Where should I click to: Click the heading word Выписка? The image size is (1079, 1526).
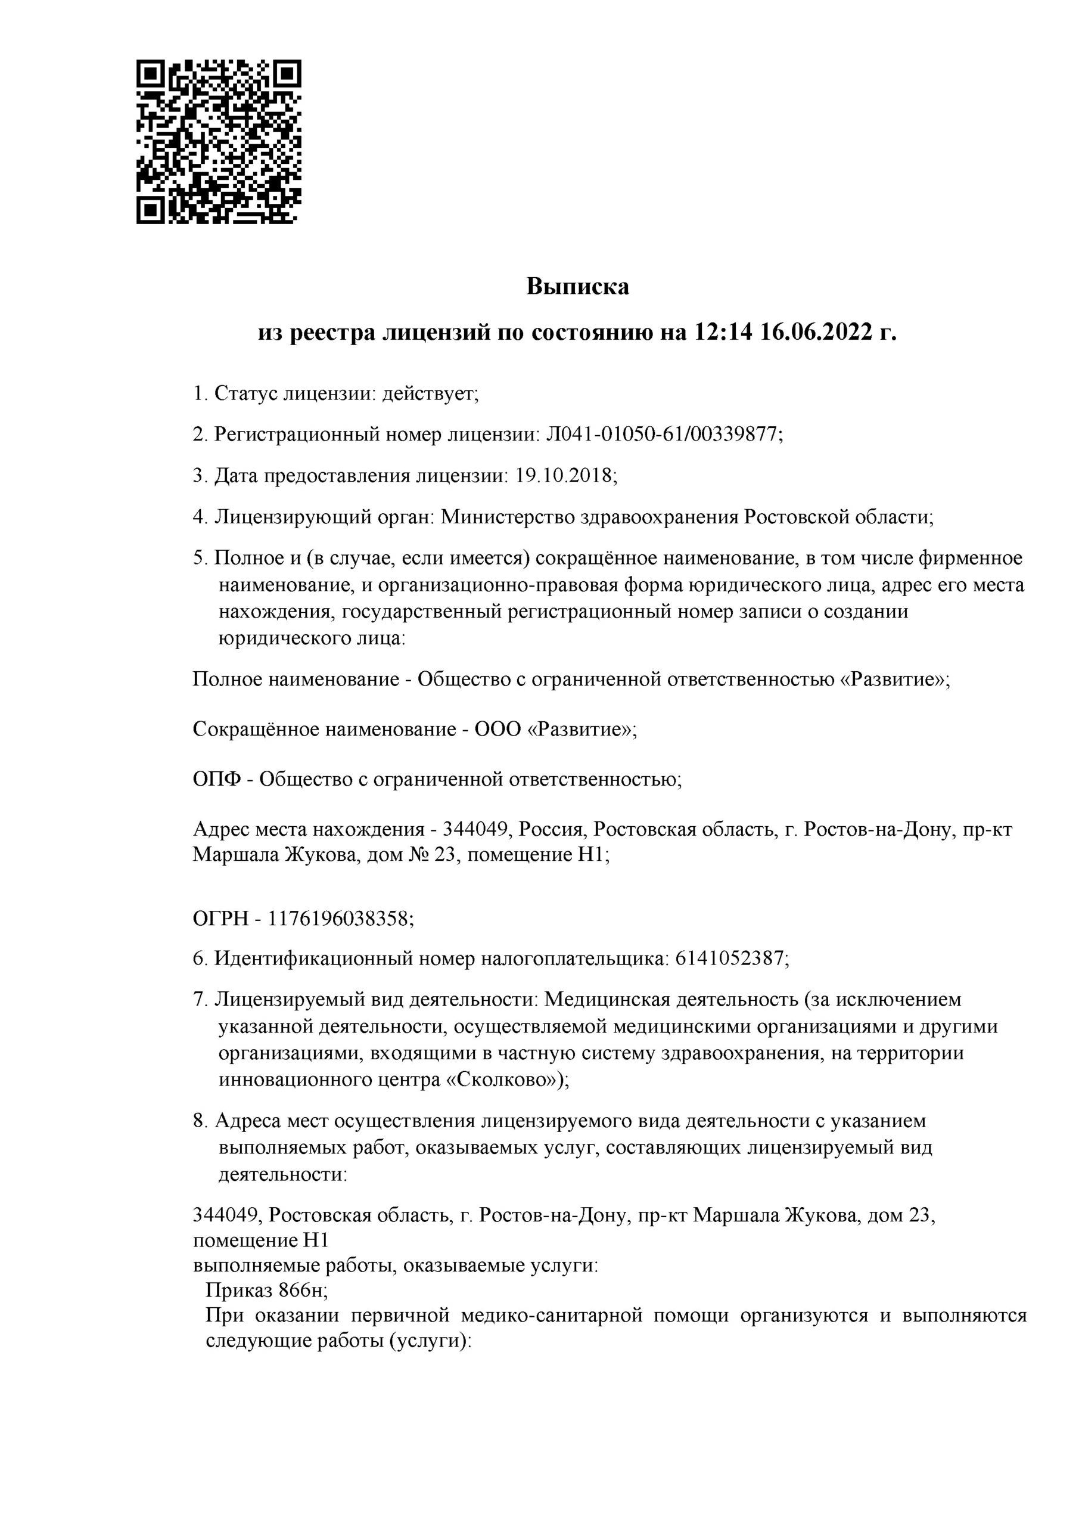(577, 287)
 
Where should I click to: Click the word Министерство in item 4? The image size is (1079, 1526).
(508, 517)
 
